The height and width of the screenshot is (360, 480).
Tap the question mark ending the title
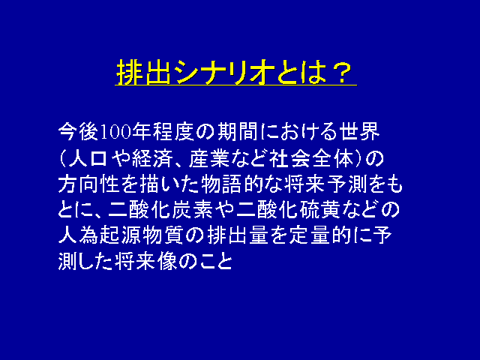pyautogui.click(x=341, y=72)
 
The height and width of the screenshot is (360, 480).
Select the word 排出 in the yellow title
pyautogui.click(x=143, y=72)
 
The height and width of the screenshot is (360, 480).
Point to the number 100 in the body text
pyautogui.click(x=115, y=133)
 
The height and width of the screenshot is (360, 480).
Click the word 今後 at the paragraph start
pyautogui.click(x=78, y=132)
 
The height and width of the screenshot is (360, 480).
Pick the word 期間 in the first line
pyautogui.click(x=237, y=132)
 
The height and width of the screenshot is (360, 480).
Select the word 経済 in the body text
pyautogui.click(x=151, y=158)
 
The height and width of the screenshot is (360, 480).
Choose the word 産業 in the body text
pyautogui.click(x=209, y=158)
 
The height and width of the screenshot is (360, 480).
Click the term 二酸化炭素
pyautogui.click(x=160, y=210)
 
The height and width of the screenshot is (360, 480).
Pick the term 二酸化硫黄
pyautogui.click(x=288, y=210)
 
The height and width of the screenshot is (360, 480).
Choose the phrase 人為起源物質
pyautogui.click(x=121, y=235)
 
